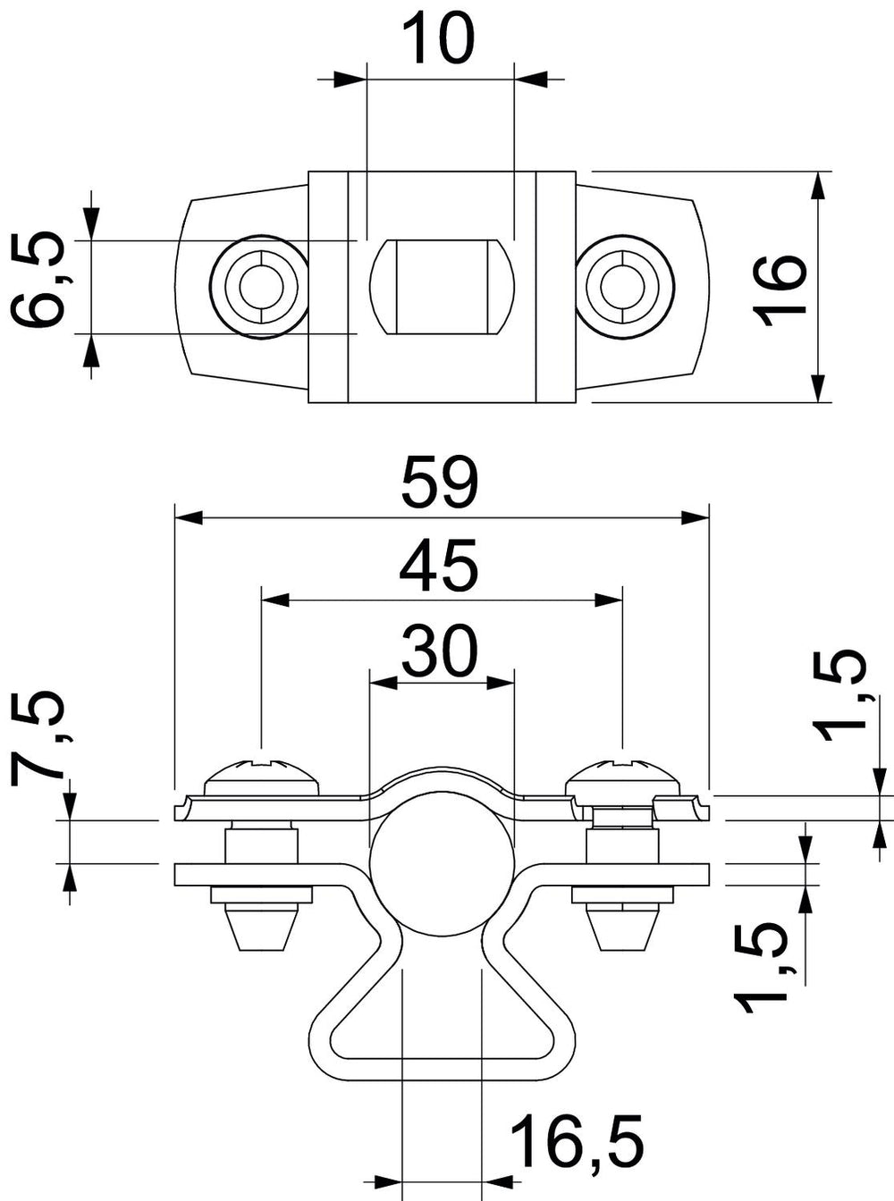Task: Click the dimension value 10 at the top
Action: click(440, 39)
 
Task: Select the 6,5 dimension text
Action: click(38, 280)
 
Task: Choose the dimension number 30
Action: click(440, 651)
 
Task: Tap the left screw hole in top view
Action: click(262, 287)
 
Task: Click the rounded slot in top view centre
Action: click(442, 288)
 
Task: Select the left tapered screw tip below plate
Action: click(262, 928)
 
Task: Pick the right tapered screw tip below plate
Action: click(624, 928)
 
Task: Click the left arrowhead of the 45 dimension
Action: click(275, 600)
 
